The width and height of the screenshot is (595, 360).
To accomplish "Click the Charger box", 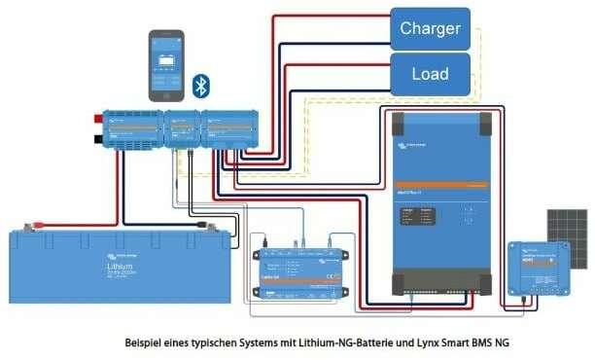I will pyautogui.click(x=430, y=28).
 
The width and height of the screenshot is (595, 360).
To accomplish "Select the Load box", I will pyautogui.click(x=430, y=73).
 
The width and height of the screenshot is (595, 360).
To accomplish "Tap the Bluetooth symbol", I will pyautogui.click(x=201, y=86).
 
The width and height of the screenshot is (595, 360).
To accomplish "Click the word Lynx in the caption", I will pyautogui.click(x=434, y=343).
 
